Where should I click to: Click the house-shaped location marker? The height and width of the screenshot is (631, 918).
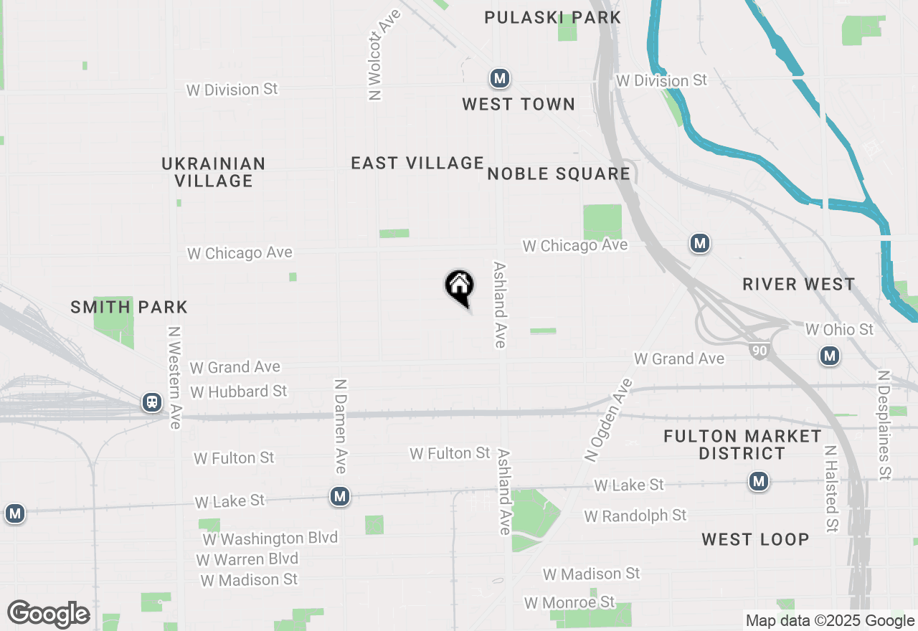pos(460,286)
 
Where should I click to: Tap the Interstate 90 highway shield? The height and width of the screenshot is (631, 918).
pos(757,351)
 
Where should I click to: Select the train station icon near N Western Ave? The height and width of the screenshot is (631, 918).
pos(152,402)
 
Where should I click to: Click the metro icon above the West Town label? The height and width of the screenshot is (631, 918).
pos(500,78)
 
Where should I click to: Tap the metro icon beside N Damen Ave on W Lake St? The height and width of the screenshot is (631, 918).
pos(340,496)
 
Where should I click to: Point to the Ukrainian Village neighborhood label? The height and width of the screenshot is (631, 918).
pos(214,172)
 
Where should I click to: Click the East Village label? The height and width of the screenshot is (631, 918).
pos(417,163)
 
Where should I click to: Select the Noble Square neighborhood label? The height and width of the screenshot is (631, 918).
pos(559,174)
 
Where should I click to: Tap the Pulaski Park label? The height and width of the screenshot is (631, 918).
pos(552,17)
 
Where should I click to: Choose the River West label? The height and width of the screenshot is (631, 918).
pos(798,284)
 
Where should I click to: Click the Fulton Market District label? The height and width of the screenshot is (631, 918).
pos(742,445)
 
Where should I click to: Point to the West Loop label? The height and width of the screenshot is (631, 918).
pos(755,539)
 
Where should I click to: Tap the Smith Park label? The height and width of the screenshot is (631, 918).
pos(129,308)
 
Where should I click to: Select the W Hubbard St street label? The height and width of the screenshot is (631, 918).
pos(239,392)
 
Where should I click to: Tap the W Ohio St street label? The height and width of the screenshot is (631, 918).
pos(839,329)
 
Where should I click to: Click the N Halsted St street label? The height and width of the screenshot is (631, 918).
pos(831,490)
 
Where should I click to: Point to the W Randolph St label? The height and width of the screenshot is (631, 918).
pos(635,516)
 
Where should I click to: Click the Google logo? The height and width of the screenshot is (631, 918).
pos(49,615)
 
